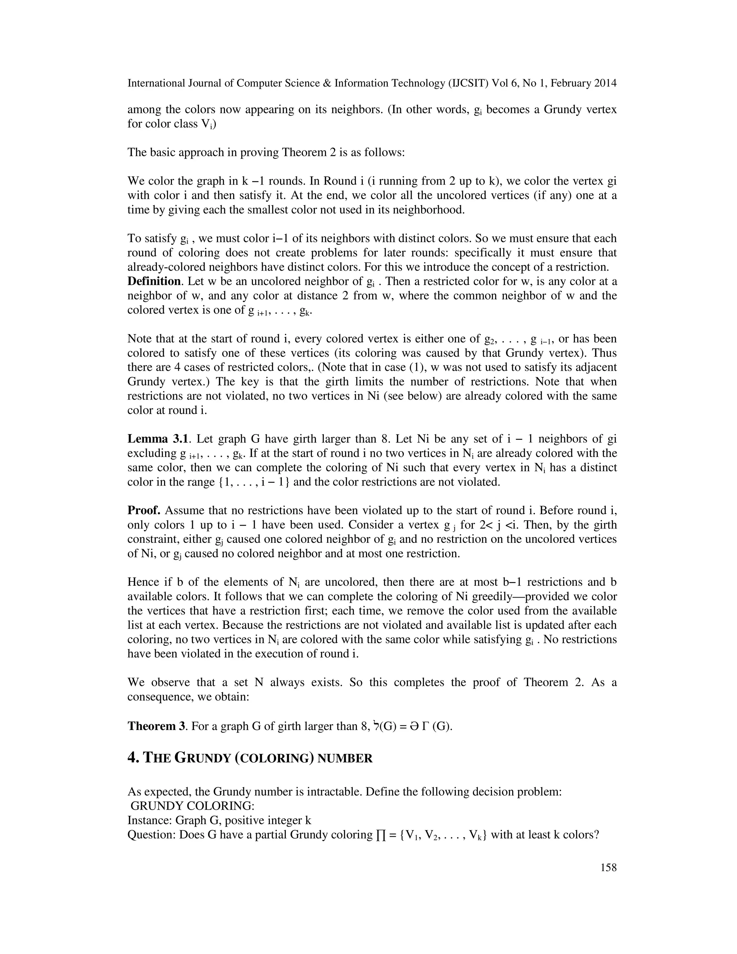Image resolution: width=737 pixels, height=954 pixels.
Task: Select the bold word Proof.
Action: [144, 510]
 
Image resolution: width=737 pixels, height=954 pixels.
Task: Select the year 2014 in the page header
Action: [605, 83]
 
